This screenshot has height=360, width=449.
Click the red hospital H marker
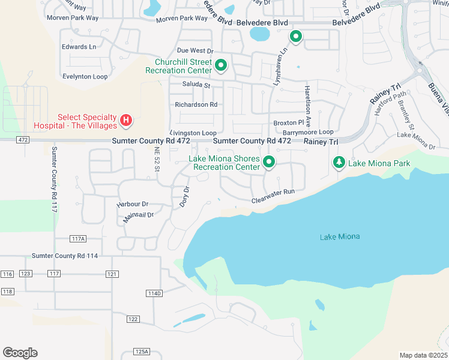coord(126,121)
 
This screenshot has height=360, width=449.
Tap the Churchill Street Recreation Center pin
coord(221,65)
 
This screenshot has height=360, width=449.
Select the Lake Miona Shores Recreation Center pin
coord(270,162)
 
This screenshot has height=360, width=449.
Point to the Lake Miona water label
coord(340,236)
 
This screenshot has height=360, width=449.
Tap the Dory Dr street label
coord(184,197)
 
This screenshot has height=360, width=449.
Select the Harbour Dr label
coord(133,204)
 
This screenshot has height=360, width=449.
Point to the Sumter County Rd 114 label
coord(65,256)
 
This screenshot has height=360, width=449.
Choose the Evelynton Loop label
coord(85,77)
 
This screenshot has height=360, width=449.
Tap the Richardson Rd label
coord(196,104)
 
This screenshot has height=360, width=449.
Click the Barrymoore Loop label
coord(308,132)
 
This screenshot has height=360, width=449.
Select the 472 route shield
coord(7,139)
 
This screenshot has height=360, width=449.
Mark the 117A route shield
coord(77,238)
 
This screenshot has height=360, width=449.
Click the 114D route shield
coord(154,293)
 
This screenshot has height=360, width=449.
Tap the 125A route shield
coord(142,352)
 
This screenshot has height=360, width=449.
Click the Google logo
coord(20,352)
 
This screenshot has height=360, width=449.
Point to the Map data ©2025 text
coord(423,355)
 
